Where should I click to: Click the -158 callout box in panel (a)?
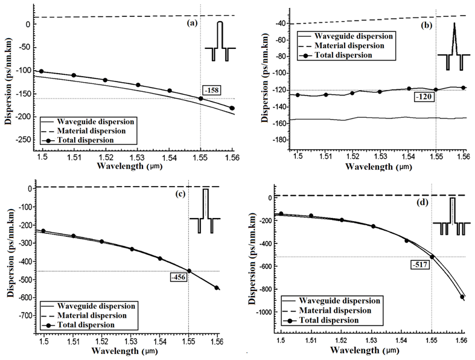tap(212, 91)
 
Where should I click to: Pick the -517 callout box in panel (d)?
tap(420, 264)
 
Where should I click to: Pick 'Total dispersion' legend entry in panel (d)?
tap(339, 320)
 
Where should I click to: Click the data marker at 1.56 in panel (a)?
tap(232, 108)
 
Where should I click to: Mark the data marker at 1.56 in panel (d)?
tap(462, 297)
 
